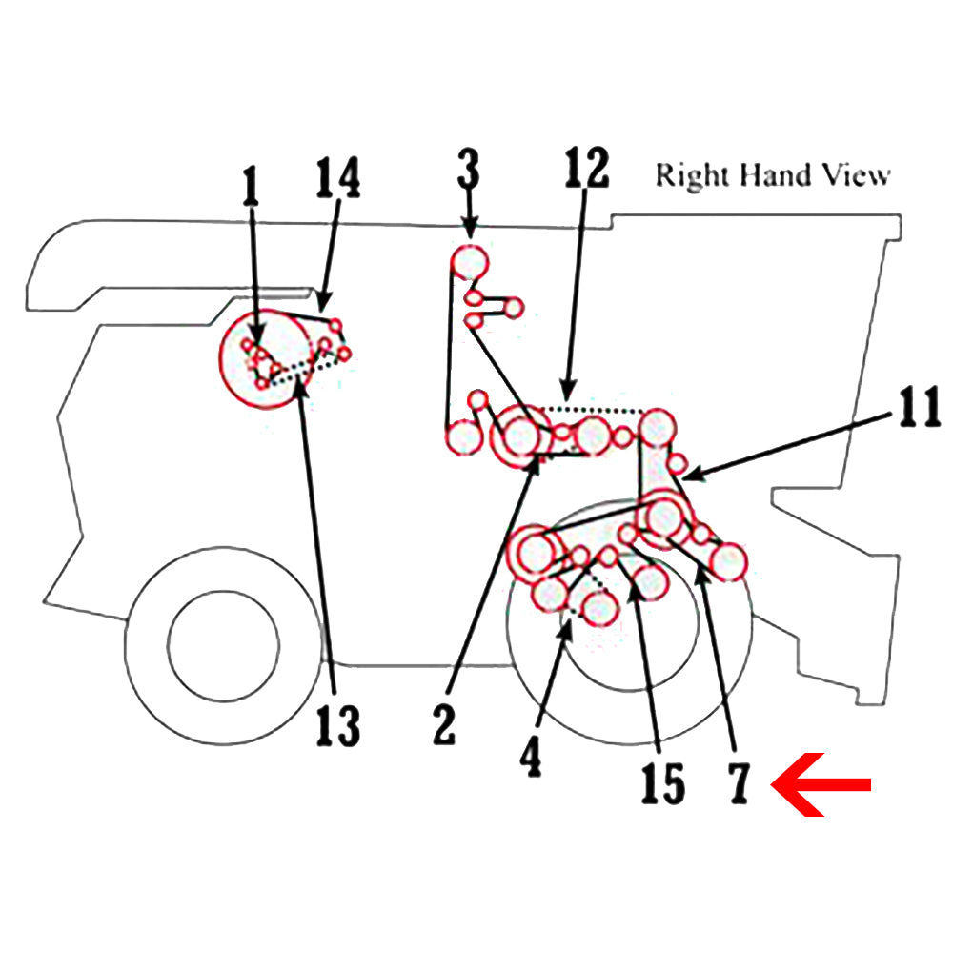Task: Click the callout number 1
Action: pyautogui.click(x=251, y=186)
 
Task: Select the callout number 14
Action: pyautogui.click(x=338, y=177)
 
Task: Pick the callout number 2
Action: pyautogui.click(x=444, y=724)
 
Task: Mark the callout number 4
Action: pyautogui.click(x=531, y=757)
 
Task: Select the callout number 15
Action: pyautogui.click(x=663, y=783)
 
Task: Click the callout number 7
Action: pyautogui.click(x=739, y=783)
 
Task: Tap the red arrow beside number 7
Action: pyautogui.click(x=821, y=784)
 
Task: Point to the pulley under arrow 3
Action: pyautogui.click(x=469, y=262)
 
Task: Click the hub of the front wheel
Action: pyautogui.click(x=223, y=645)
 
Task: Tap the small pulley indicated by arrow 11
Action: pyautogui.click(x=678, y=464)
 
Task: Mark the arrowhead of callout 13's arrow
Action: pyautogui.click(x=302, y=387)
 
